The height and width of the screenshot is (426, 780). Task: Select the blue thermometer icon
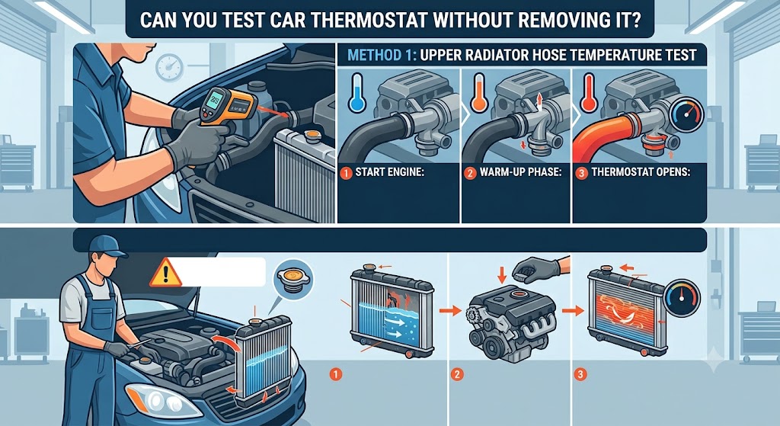pos(356,92)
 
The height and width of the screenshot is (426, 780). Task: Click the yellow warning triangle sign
pos(165,272)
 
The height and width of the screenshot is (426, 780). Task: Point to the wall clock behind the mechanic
pos(170,68)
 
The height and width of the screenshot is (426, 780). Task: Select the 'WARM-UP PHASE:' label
pos(520,173)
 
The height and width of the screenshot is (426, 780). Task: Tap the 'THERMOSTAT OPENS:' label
pos(641,173)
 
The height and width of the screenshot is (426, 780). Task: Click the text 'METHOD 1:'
pos(382,55)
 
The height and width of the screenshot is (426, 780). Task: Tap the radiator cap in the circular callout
pos(293,277)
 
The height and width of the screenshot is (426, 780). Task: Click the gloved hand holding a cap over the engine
pos(538,270)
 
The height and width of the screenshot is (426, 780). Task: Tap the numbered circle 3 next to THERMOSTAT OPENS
pos(581,173)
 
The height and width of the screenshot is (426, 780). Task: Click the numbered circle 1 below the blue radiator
pos(336,373)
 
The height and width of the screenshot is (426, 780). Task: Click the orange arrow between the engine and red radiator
pos(573,312)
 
